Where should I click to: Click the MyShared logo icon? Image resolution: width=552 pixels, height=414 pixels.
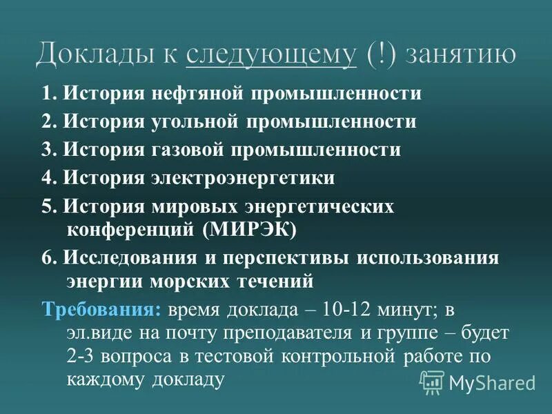432,381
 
